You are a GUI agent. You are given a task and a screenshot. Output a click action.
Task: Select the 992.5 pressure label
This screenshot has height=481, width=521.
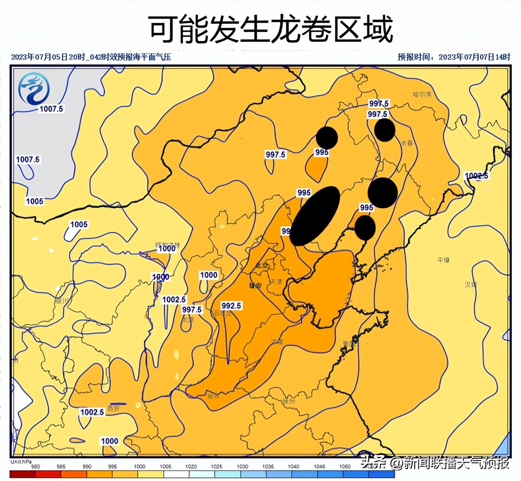pos(231,306)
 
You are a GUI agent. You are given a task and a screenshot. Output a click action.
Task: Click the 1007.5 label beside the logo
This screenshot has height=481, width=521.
pos(51,108)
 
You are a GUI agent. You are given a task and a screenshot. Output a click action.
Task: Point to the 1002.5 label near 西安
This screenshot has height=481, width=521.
pos(92,412)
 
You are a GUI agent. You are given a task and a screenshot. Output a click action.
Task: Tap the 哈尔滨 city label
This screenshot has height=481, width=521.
pos(422,94)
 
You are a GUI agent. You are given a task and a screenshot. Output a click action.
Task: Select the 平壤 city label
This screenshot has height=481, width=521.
pos(443,260)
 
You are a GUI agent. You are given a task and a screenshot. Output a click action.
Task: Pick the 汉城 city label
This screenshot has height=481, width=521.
pos(470,284)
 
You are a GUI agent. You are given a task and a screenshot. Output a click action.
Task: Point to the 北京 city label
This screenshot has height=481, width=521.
pos(262,266)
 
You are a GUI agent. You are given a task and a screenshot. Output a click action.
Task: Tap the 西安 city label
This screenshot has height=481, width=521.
pos(113,408)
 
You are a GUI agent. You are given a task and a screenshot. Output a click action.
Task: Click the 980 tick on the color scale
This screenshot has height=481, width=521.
pos(36,466)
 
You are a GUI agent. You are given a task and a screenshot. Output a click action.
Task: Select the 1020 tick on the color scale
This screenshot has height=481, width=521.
pos(191,466)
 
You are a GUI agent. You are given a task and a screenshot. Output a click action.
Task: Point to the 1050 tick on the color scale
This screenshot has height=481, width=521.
pos(345,466)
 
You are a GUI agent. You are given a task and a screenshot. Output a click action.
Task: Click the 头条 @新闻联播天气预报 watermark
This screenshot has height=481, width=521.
pos(435,463)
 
